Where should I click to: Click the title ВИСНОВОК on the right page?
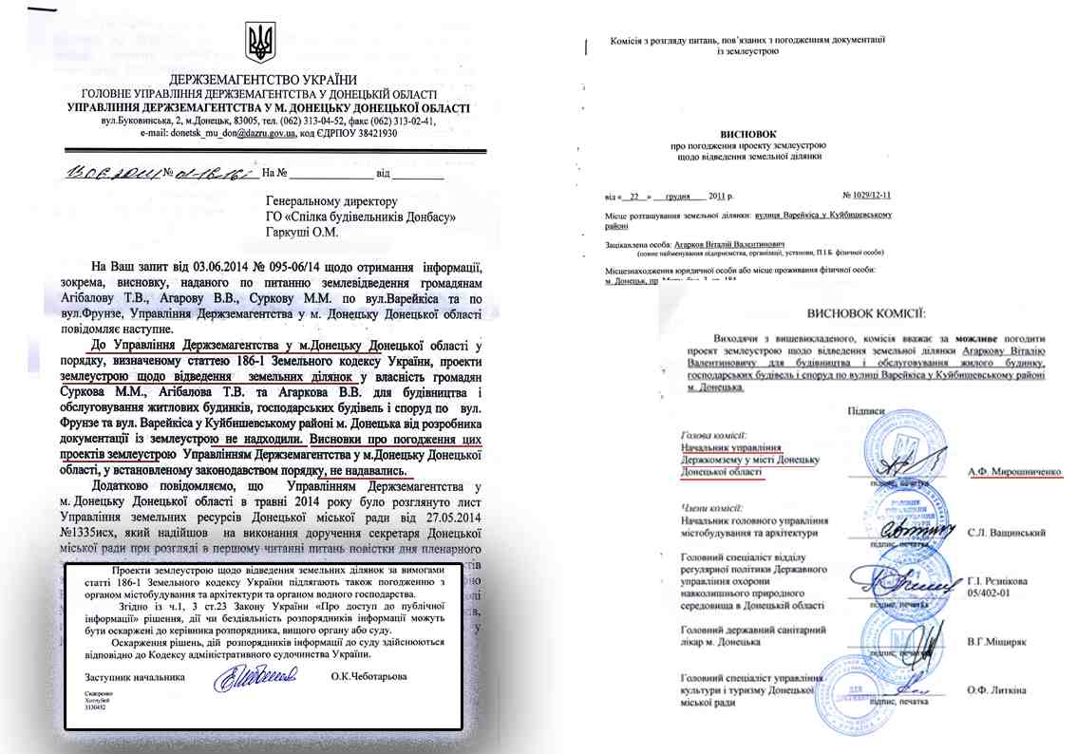point(736,135)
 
